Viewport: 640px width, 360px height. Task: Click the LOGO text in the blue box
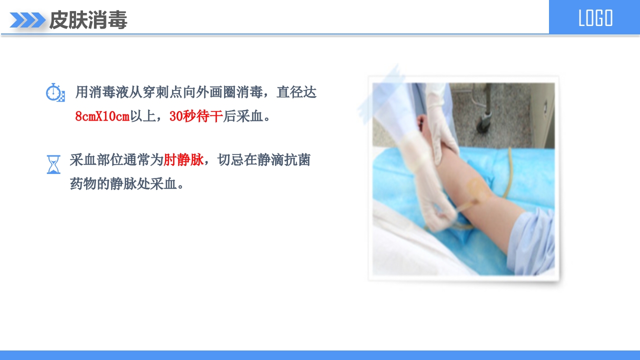click(595, 18)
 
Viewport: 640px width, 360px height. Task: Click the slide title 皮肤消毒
click(88, 20)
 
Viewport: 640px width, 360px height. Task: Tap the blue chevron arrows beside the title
click(27, 20)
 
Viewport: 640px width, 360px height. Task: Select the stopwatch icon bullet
click(55, 93)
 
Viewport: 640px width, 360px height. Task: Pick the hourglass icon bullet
click(53, 164)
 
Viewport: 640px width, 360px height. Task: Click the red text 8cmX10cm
click(102, 116)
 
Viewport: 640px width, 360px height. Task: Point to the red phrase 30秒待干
click(196, 116)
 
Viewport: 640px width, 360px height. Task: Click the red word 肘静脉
click(183, 160)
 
